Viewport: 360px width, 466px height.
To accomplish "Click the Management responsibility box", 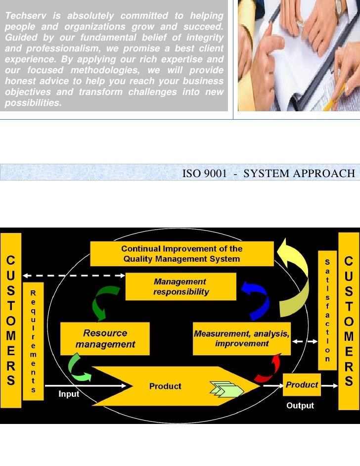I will (174, 286).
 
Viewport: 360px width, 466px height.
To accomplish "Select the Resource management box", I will (105, 338).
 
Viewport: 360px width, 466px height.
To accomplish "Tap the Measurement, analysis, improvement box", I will (241, 338).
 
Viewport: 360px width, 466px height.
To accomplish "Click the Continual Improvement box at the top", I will (181, 254).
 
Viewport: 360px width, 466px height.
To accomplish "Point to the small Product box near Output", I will (302, 385).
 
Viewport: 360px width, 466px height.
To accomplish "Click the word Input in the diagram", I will (69, 394).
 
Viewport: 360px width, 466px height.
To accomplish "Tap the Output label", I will (300, 406).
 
